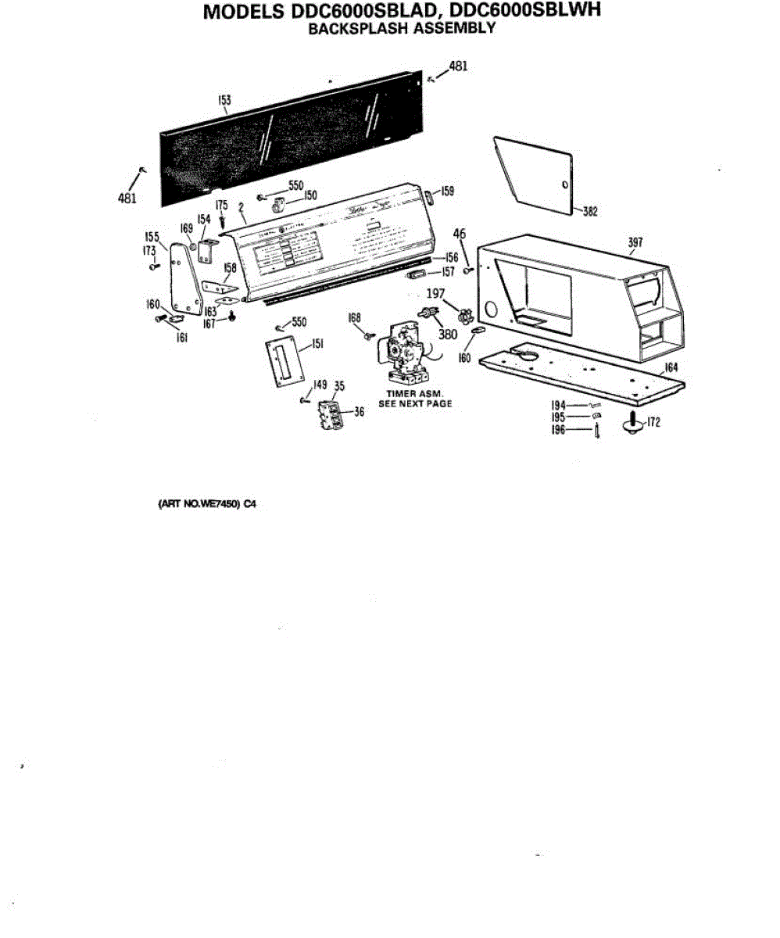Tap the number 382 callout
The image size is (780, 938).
click(x=590, y=212)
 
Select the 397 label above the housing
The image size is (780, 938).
click(x=635, y=243)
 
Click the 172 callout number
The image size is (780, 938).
click(x=653, y=423)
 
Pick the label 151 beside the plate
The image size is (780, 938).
click(x=318, y=343)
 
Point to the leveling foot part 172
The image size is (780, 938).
click(x=632, y=424)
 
